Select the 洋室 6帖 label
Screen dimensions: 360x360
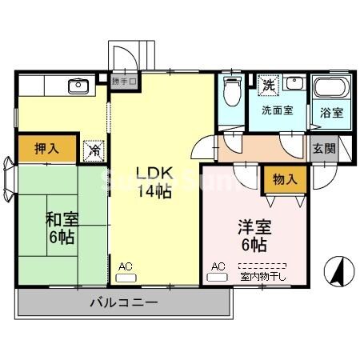[x=254, y=232]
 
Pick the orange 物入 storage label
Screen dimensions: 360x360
[x=284, y=180]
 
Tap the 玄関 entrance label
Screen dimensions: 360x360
[x=324, y=149]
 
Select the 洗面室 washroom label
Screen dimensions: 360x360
[x=276, y=110]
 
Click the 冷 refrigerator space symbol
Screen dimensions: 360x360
[x=95, y=149]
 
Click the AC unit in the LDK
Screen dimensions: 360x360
[x=126, y=278]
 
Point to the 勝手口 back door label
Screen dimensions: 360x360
[x=125, y=81]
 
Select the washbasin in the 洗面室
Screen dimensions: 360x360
[x=292, y=83]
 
